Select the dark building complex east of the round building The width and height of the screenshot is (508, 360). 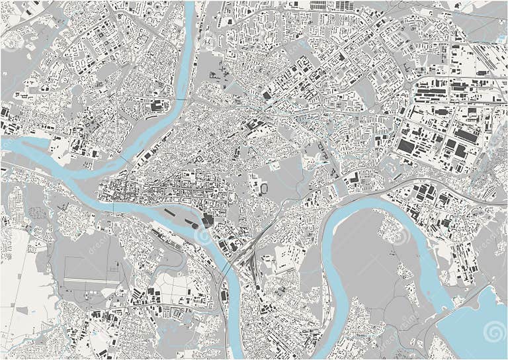209,221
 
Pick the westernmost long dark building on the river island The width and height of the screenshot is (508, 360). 169,213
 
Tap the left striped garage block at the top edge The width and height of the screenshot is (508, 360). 318,5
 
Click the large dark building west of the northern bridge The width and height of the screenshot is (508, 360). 157,106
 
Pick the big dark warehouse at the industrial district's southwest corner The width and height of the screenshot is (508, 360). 405,146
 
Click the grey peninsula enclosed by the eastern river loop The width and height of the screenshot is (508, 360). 370,265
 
